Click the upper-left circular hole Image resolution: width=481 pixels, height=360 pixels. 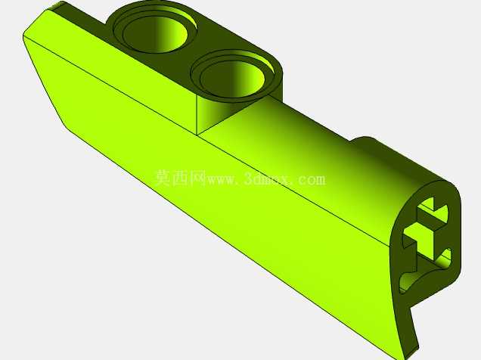pyautogui.click(x=155, y=33)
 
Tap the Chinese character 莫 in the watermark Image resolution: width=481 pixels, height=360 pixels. pyautogui.click(x=163, y=178)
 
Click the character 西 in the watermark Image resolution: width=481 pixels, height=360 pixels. pyautogui.click(x=180, y=178)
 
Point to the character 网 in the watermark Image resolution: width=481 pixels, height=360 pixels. pyautogui.click(x=197, y=178)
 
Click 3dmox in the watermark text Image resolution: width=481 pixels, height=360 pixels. pyautogui.click(x=268, y=179)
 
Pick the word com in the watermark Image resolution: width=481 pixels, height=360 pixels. pyautogui.click(x=311, y=180)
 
